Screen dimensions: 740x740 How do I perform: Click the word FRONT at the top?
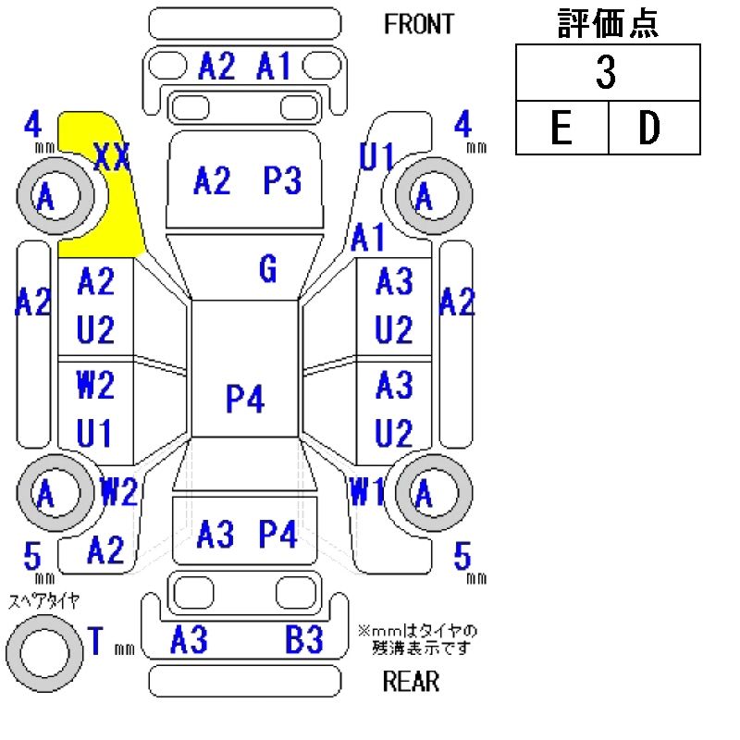click(x=419, y=24)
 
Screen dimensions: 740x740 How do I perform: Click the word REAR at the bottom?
click(x=411, y=683)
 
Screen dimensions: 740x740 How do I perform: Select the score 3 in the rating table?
click(x=606, y=73)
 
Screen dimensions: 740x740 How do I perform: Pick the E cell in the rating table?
click(x=561, y=129)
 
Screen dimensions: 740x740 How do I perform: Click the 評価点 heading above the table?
click(x=607, y=24)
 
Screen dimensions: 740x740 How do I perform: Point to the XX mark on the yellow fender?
click(x=113, y=158)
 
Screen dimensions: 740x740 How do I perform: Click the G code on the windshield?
click(x=267, y=270)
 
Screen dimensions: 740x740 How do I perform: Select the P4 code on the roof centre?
click(x=245, y=400)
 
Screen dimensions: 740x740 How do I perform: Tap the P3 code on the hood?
click(x=283, y=181)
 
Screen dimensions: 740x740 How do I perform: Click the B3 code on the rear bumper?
click(x=303, y=639)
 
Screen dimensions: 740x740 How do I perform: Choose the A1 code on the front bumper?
click(x=274, y=67)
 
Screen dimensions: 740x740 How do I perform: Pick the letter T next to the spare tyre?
click(x=95, y=640)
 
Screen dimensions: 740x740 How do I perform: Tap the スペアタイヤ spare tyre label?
click(x=43, y=601)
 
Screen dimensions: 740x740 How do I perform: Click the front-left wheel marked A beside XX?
click(x=46, y=196)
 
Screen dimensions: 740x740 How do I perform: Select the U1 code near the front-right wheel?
click(x=376, y=157)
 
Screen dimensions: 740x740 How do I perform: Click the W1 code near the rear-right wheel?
click(x=367, y=493)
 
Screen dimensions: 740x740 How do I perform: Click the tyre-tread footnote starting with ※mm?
click(x=418, y=638)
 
